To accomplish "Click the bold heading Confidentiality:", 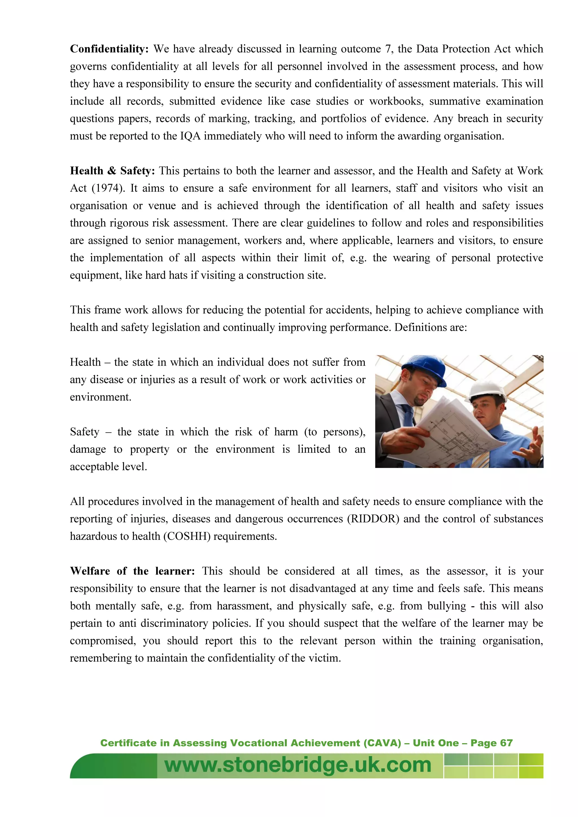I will (x=109, y=49).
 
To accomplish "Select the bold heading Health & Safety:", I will (x=112, y=171).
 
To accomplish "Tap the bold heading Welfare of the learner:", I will (x=132, y=571).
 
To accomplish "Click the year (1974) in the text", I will (x=108, y=188).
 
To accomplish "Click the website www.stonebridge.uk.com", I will (x=298, y=765).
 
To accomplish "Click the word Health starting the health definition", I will (x=85, y=362).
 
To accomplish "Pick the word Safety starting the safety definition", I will (x=84, y=432).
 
